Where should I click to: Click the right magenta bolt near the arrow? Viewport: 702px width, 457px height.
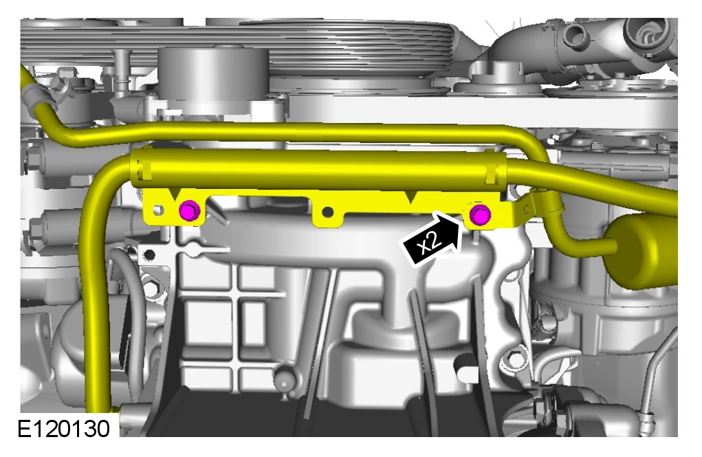pos(480,215)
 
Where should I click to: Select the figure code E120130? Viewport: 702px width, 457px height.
pos(63,429)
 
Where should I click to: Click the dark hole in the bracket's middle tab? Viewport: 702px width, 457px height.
pos(328,211)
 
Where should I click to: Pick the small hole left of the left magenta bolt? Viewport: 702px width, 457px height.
pos(158,210)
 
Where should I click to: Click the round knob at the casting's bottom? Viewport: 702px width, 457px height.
pos(284,379)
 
